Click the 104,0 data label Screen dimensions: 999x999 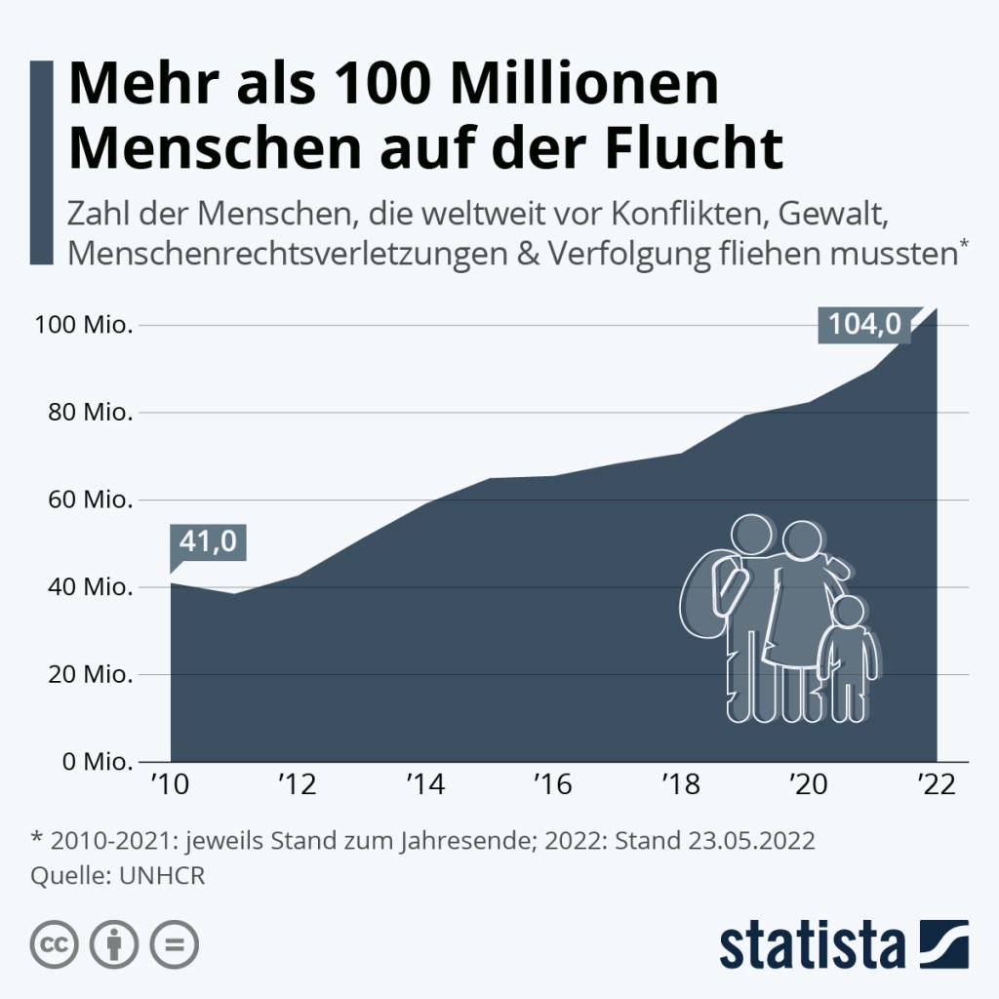[x=864, y=324]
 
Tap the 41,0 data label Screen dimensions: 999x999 [x=208, y=541]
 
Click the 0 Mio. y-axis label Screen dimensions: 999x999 [x=91, y=761]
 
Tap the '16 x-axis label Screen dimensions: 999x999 [x=552, y=786]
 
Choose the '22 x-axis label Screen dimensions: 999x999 [x=936, y=786]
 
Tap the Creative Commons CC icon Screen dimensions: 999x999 [x=56, y=944]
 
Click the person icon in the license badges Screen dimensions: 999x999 [x=113, y=944]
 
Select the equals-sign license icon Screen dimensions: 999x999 [x=173, y=944]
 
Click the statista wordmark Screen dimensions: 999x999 [x=812, y=945]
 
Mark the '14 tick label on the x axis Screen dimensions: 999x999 [x=424, y=786]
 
